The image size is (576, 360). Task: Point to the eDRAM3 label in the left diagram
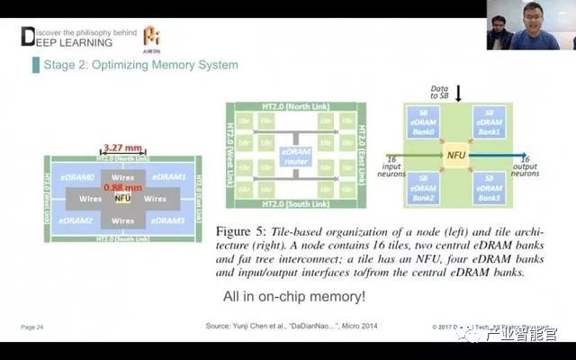click(x=168, y=220)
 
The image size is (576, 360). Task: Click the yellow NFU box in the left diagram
click(x=123, y=198)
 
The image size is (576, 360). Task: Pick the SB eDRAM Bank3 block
click(x=490, y=187)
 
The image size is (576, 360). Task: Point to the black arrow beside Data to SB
click(x=458, y=93)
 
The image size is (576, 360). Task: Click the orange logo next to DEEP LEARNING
click(x=152, y=36)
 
